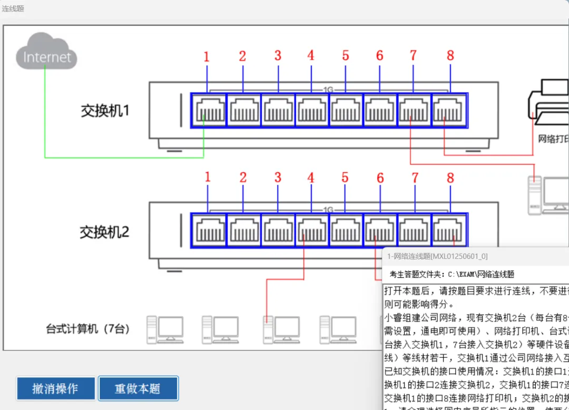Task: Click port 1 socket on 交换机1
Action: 209,111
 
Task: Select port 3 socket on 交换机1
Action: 278,111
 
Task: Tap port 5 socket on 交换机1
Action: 346,111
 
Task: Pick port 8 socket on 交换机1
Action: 449,111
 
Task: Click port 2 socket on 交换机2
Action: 243,231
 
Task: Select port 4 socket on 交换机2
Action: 311,231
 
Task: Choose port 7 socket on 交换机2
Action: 415,231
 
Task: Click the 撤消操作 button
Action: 55,388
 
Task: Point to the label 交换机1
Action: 105,111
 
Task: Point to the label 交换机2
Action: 104,232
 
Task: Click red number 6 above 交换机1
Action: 379,55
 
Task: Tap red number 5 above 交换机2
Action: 345,177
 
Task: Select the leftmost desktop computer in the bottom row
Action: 165,329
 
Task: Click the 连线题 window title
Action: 13,8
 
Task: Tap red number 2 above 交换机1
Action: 242,56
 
